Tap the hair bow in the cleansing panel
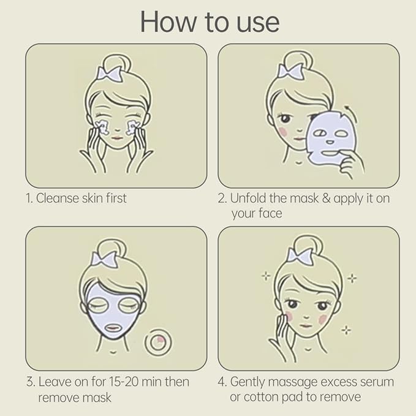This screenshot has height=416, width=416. pos(109,74)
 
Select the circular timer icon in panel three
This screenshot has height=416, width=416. pos(158,342)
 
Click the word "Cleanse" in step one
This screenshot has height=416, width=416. pos(58,198)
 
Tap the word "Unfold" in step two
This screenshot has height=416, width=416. pos(248,198)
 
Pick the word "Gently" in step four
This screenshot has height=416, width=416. pos(248,382)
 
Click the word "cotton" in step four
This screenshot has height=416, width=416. pos(261,397)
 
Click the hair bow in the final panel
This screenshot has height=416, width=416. pos(300,256)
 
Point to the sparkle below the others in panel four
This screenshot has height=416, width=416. pos(346,330)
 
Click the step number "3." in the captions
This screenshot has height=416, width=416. pos(31,382)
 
